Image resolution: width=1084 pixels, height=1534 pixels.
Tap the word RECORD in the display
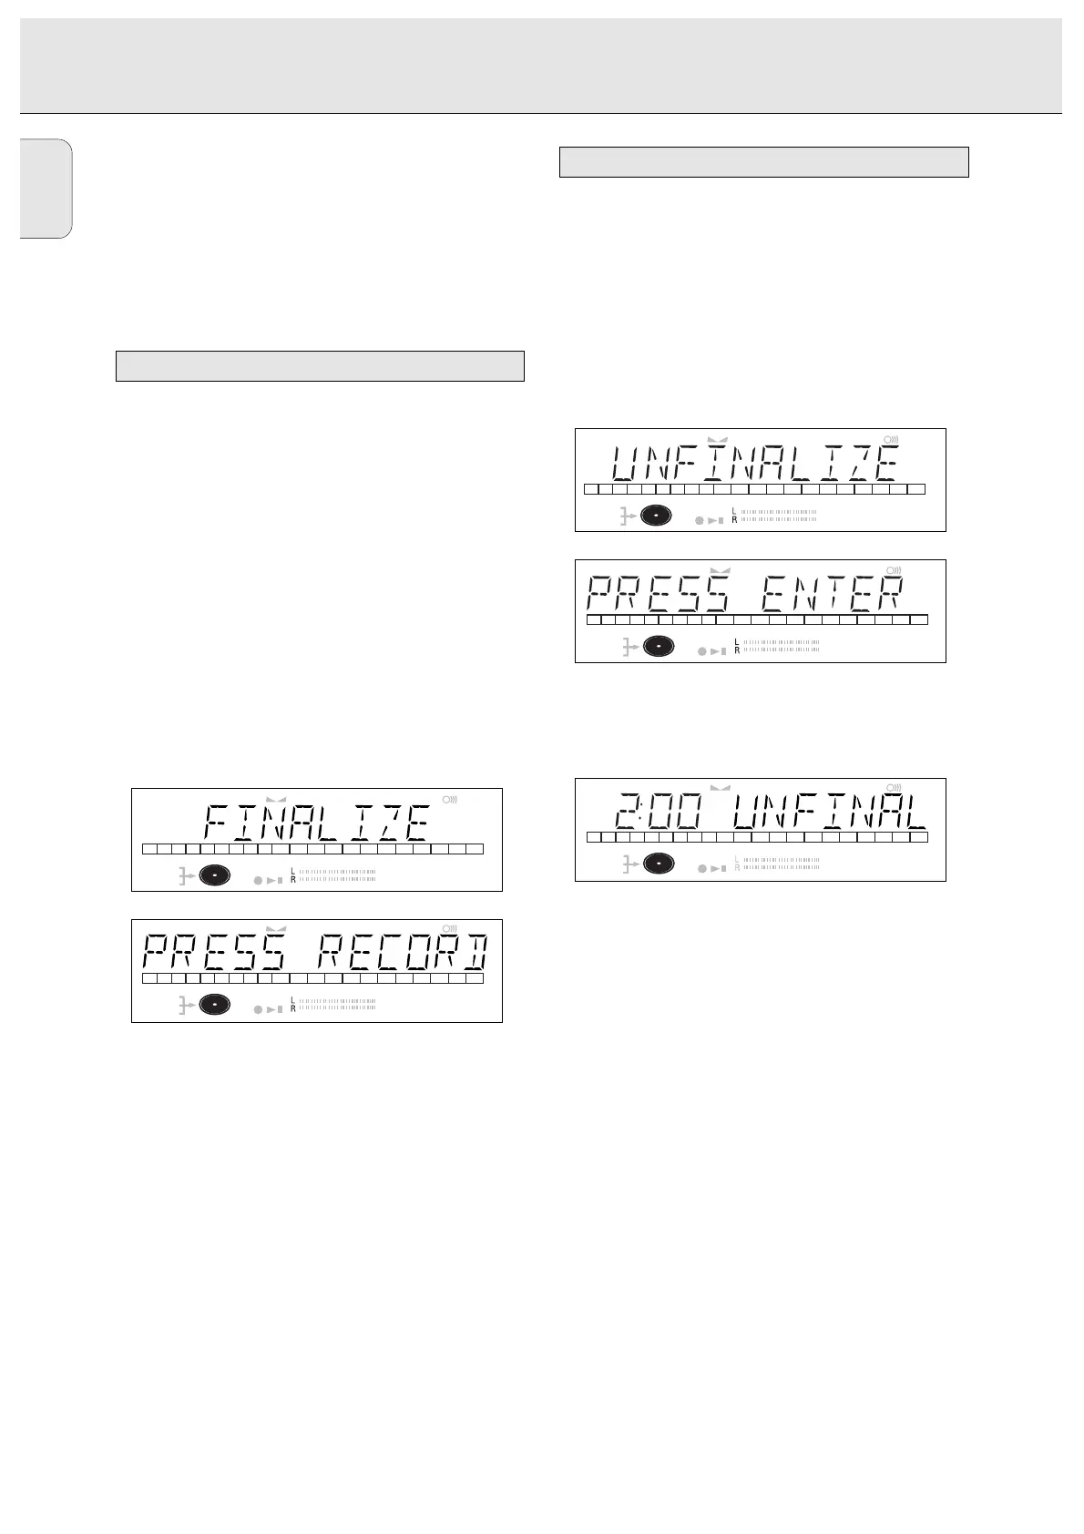coord(403,954)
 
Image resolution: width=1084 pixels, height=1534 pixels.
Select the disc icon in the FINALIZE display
coord(215,874)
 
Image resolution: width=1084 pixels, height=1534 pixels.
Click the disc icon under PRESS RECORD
coord(215,1005)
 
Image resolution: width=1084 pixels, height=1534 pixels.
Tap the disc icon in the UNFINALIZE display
coord(656,516)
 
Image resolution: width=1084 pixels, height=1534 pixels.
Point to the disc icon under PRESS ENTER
coord(658,646)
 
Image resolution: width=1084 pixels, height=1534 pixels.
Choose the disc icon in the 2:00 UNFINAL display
coord(658,864)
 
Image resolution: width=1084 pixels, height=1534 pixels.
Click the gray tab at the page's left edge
coord(46,189)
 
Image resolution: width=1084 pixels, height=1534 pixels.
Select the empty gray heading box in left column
coord(320,365)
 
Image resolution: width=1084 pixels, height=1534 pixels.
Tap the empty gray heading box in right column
coord(762,162)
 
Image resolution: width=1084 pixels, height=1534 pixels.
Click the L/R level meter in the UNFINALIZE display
coord(774,516)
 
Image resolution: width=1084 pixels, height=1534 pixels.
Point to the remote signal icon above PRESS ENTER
coord(895,571)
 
